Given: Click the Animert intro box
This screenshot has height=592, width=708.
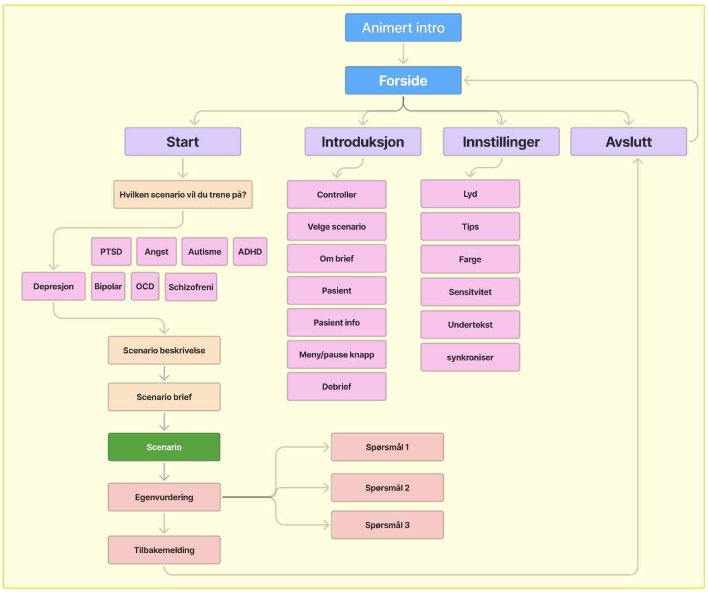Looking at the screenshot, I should click(403, 28).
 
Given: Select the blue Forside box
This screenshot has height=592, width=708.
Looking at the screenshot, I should click(403, 81).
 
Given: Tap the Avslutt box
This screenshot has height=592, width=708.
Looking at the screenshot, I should click(628, 142).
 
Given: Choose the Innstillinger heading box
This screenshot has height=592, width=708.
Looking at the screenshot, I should click(501, 142).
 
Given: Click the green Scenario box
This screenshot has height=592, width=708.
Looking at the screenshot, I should click(164, 447).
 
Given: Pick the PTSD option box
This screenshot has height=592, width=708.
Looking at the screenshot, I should click(111, 251).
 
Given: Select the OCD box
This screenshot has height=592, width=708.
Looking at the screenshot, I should click(145, 287).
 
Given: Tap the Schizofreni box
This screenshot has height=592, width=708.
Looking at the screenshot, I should click(191, 287).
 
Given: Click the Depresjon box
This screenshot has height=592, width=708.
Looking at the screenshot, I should click(54, 287).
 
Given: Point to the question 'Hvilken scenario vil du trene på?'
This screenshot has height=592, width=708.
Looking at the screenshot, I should click(183, 195).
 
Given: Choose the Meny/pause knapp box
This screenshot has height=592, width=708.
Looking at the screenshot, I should click(337, 355).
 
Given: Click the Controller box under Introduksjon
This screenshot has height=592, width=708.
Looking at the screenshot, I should click(337, 195).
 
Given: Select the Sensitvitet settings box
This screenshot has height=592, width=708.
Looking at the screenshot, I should click(470, 292).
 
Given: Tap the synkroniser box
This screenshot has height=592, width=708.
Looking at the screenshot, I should click(470, 357).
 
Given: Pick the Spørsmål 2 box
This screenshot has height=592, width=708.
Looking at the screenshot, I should click(387, 488).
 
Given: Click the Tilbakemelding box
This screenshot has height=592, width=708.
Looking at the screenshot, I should click(164, 550).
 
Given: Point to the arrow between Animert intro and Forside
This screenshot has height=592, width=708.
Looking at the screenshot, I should click(403, 54).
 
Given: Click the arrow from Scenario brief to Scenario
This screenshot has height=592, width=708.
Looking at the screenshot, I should click(164, 422).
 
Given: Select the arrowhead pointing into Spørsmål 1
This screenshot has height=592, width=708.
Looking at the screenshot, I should click(326, 447).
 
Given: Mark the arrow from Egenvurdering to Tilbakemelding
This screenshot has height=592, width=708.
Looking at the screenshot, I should click(164, 523).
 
